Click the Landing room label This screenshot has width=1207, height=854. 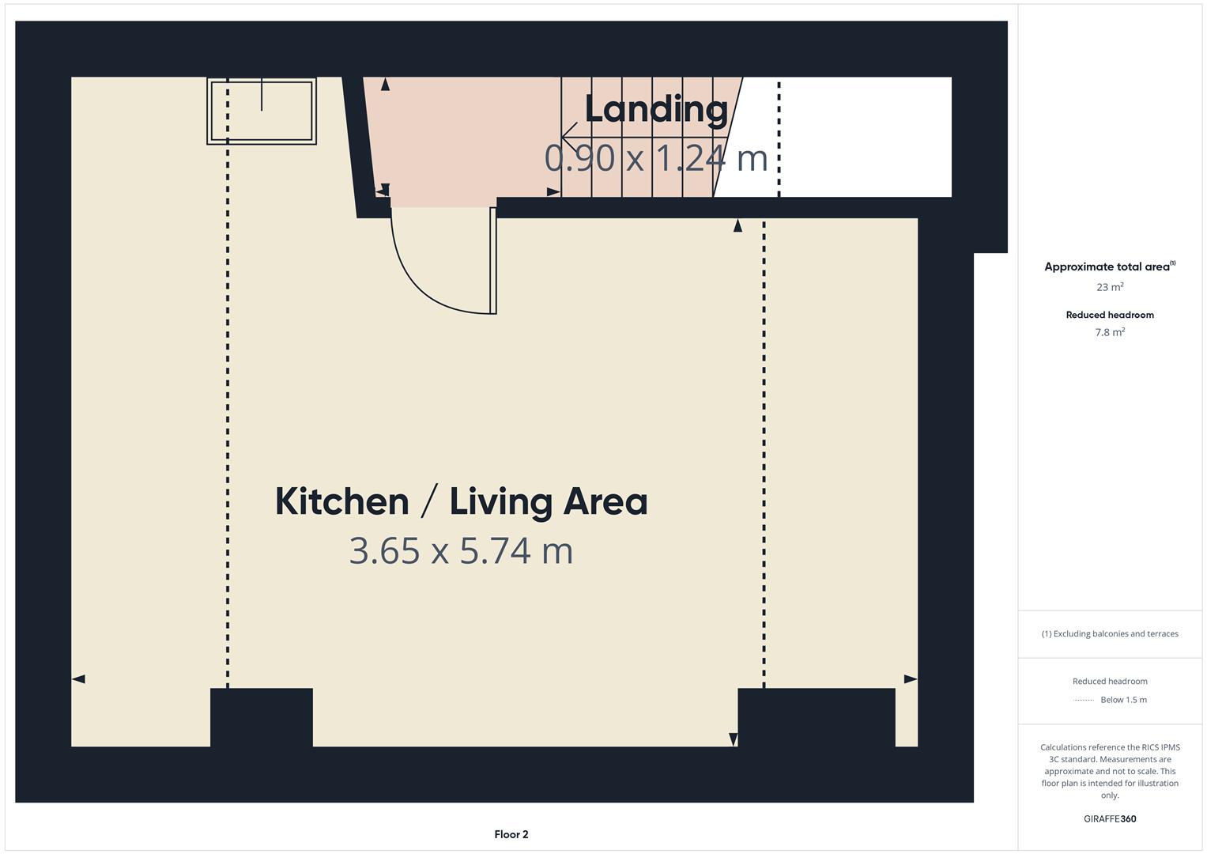pos(655,110)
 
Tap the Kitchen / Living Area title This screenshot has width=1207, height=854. pos(461,501)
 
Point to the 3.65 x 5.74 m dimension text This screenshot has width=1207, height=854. pos(461,551)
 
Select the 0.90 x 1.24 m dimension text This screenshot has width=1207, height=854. pos(655,157)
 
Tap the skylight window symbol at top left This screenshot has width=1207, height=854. pos(262,111)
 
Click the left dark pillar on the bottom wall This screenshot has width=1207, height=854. pos(262,716)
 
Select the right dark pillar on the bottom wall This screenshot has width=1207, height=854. pos(816,716)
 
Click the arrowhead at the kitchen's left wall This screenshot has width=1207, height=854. pos(78,678)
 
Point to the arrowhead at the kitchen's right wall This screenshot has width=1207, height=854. pos(911,678)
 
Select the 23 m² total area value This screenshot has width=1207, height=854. pos(1110,287)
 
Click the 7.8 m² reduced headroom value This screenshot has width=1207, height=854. pos(1110,332)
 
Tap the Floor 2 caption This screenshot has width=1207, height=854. pos(511,834)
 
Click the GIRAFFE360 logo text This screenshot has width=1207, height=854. pos(1110,818)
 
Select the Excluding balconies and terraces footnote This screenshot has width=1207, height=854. pos(1110,633)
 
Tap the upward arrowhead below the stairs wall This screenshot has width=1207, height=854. pos(737,226)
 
